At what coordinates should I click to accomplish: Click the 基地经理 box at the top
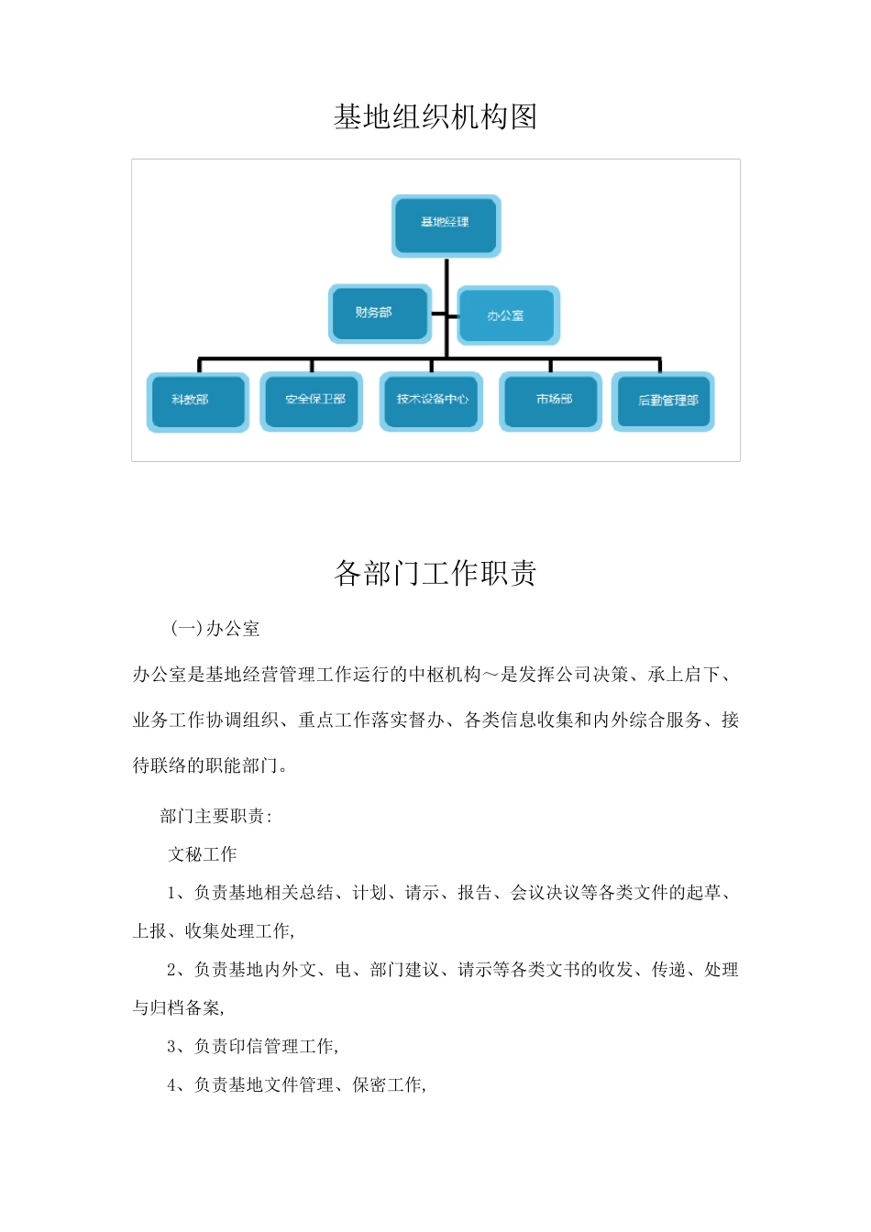(446, 225)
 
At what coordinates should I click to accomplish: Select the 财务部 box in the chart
(380, 313)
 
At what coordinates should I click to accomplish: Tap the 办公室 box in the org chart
(507, 315)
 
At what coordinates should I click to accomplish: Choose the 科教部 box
(197, 401)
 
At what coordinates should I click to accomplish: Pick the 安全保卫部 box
(312, 401)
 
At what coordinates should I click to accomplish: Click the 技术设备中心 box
(432, 401)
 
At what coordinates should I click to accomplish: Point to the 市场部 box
(551, 401)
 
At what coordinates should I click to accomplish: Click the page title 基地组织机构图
(435, 117)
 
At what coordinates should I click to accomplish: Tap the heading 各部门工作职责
(435, 574)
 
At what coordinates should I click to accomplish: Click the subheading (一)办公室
(215, 629)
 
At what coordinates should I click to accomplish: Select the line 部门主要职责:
(215, 816)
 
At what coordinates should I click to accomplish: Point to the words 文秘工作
(203, 854)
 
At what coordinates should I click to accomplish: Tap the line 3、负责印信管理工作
(253, 1047)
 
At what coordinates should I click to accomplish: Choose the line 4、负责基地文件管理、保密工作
(296, 1085)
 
